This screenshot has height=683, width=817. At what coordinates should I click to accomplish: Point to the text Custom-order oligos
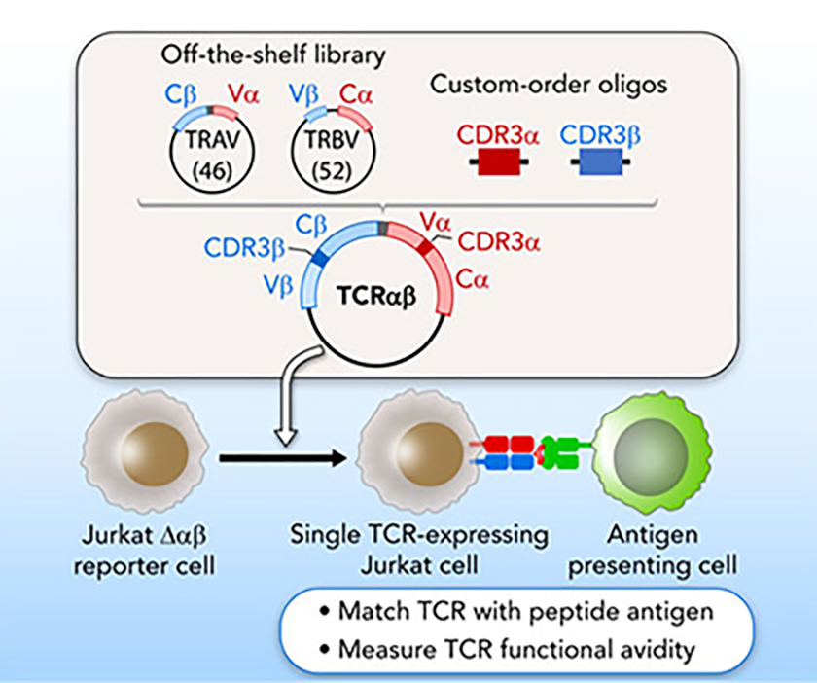point(549,85)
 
